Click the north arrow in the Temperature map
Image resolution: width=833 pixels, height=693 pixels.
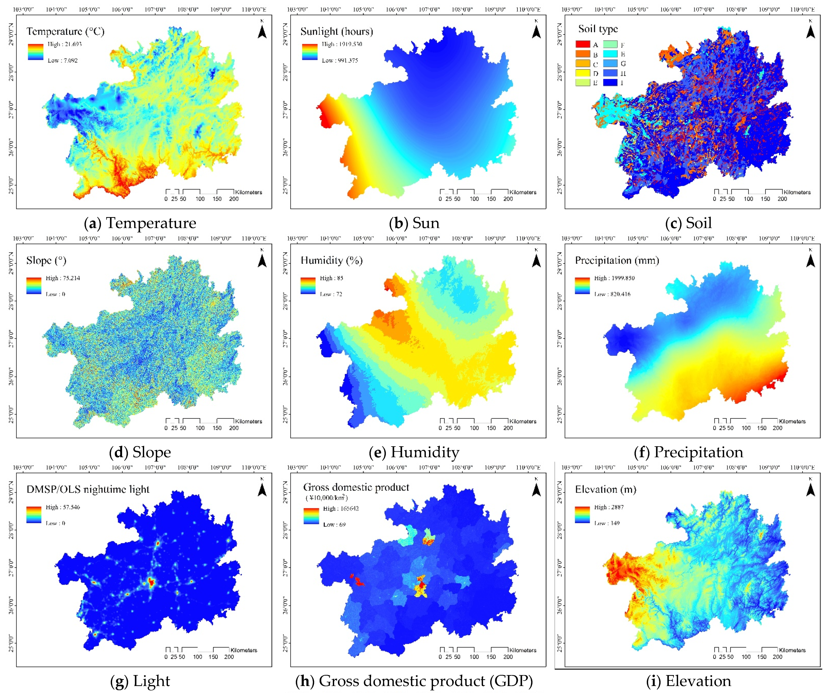pyautogui.click(x=262, y=30)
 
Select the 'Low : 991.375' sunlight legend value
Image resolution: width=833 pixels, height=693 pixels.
pyautogui.click(x=340, y=60)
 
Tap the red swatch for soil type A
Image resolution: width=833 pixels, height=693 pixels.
pyautogui.click(x=583, y=44)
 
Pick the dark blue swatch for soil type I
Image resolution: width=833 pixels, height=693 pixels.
pyautogui.click(x=610, y=83)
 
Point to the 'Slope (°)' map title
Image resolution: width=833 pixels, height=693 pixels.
pyautogui.click(x=46, y=260)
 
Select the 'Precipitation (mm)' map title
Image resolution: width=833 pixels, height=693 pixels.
pyautogui.click(x=617, y=260)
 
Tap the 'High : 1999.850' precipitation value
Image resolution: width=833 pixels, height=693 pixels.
pyautogui.click(x=614, y=278)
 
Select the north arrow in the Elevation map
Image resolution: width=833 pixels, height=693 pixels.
pyautogui.click(x=810, y=489)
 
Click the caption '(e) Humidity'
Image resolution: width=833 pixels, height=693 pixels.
pyautogui.click(x=414, y=452)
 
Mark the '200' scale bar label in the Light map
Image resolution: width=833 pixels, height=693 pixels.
pyautogui.click(x=229, y=657)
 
